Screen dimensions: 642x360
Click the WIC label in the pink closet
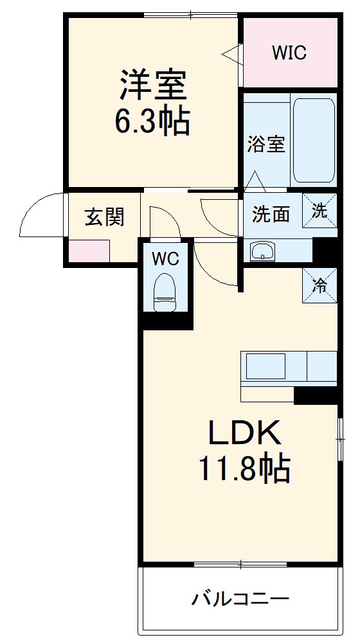pos(289,53)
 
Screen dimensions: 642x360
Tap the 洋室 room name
pos(152,85)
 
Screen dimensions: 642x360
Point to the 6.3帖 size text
pos(152,121)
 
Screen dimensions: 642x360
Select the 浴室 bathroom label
pos(266,143)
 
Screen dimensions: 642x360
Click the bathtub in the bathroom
pos(314,139)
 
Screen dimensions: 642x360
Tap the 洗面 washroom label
pos(271,214)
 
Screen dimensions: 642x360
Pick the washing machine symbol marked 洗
pos(320,210)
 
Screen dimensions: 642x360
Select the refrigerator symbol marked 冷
pos(320,285)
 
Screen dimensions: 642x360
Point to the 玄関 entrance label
pos(104,217)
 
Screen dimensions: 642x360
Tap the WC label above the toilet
pos(165,258)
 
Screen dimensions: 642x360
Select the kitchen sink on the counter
pos(265,366)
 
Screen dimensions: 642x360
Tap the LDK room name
pos(244,434)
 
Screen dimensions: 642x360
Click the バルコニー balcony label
pos(240,600)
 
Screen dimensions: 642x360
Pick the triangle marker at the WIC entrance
pos(233,53)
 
